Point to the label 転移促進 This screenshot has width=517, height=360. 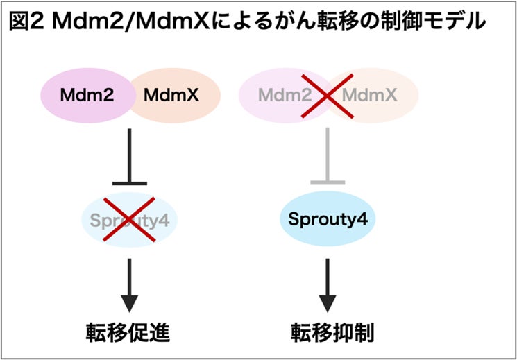129,332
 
